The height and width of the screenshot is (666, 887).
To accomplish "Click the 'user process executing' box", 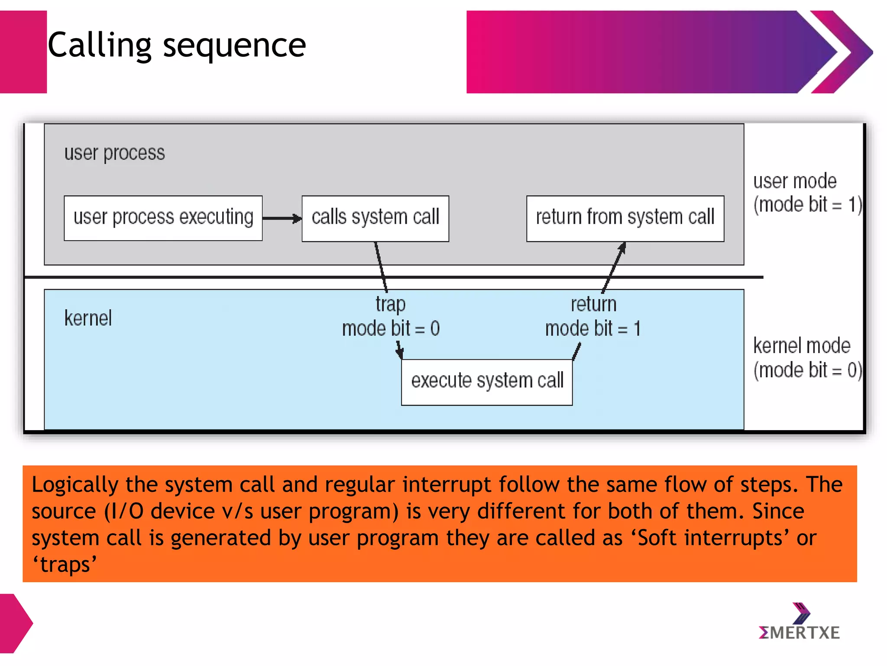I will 163,218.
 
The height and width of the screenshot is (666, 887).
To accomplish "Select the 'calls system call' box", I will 375,218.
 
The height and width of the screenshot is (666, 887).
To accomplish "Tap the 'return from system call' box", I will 625,218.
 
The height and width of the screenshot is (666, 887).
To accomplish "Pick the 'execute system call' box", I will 487,382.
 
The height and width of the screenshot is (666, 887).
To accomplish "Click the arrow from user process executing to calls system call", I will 282,219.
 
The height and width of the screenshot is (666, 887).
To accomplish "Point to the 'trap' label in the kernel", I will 390,304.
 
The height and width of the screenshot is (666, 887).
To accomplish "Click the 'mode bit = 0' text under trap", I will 391,329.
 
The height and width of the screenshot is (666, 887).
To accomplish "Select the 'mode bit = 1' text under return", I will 592,329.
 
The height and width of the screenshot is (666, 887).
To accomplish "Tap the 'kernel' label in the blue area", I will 88,318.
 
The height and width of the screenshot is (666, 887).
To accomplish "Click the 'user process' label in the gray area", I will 114,153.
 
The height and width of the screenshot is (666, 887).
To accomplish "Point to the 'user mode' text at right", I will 795,181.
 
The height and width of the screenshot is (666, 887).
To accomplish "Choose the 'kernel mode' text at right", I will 802,346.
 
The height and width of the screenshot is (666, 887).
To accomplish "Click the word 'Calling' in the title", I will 99,45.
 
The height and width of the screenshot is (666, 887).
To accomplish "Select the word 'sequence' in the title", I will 234,46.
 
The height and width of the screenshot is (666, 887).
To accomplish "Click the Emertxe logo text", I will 799,633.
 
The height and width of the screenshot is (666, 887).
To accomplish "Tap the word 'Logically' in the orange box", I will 75,485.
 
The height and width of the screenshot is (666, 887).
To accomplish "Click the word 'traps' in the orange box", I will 65,565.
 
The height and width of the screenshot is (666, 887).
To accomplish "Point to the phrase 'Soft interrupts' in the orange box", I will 710,538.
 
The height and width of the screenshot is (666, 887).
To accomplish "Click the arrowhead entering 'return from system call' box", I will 622,247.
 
